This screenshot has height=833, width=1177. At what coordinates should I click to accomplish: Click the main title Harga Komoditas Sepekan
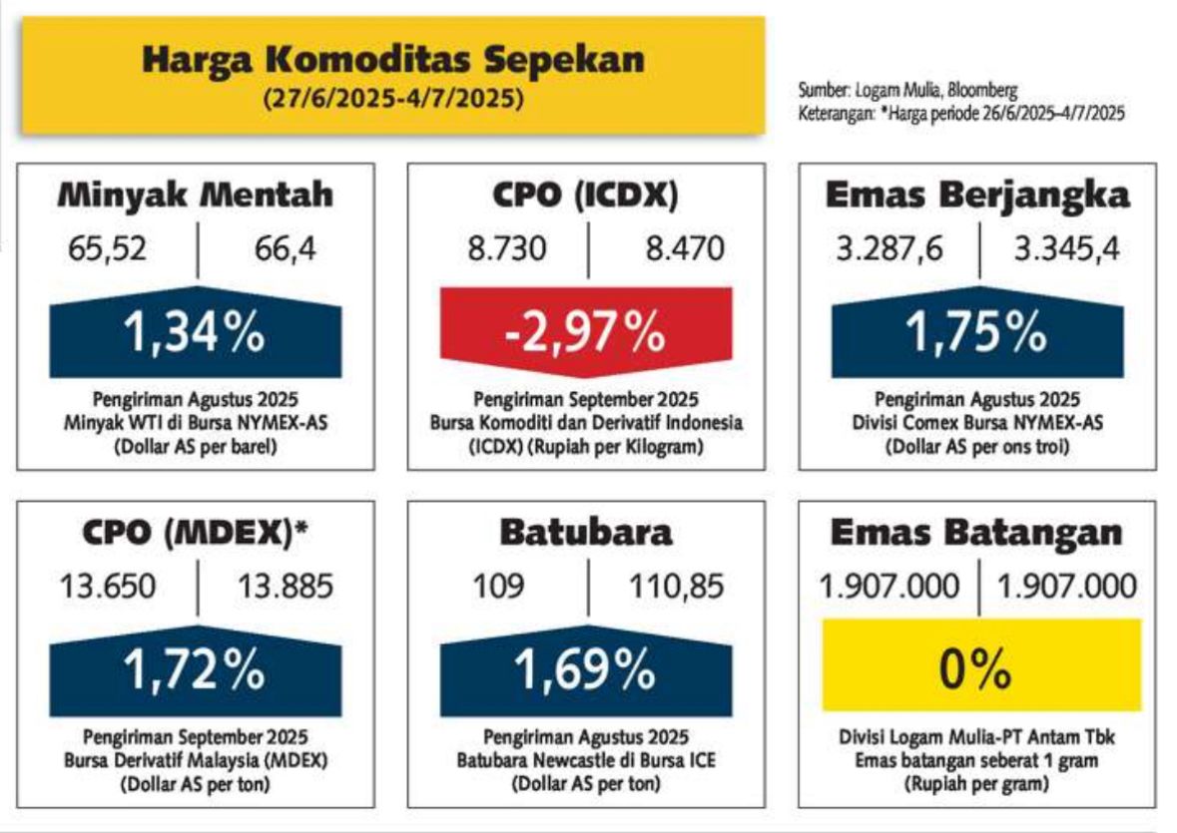tap(393, 59)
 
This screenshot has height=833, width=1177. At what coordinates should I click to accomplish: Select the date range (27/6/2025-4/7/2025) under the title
tap(393, 98)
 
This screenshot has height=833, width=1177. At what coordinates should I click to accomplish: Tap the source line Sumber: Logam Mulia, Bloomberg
tap(907, 91)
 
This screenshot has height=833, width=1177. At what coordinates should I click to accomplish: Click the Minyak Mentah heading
tap(195, 195)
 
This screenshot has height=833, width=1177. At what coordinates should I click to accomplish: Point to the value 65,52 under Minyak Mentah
tap(107, 249)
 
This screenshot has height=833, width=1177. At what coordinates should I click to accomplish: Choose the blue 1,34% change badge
tap(195, 332)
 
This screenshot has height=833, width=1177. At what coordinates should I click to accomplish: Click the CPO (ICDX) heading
tap(585, 195)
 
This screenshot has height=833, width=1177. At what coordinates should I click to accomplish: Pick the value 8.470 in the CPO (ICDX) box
tap(685, 249)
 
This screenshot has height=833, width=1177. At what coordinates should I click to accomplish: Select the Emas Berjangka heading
tap(977, 195)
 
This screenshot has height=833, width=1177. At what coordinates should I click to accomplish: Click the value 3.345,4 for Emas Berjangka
tap(1066, 249)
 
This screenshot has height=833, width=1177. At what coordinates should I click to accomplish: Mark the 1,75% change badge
tap(977, 332)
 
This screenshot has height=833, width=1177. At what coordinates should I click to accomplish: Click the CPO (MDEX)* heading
tap(195, 533)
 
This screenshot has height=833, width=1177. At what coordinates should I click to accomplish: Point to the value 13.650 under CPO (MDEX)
tap(108, 587)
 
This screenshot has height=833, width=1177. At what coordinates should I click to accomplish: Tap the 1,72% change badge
tap(195, 670)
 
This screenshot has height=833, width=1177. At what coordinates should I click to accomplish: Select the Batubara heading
tap(585, 533)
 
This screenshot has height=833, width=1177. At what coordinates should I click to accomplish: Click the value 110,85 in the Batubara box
tap(676, 587)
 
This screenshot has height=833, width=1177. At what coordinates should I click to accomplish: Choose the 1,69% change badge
tap(585, 670)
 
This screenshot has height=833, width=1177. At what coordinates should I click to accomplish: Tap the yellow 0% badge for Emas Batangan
tap(981, 665)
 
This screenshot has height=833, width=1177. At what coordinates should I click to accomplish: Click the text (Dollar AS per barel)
tap(195, 447)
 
